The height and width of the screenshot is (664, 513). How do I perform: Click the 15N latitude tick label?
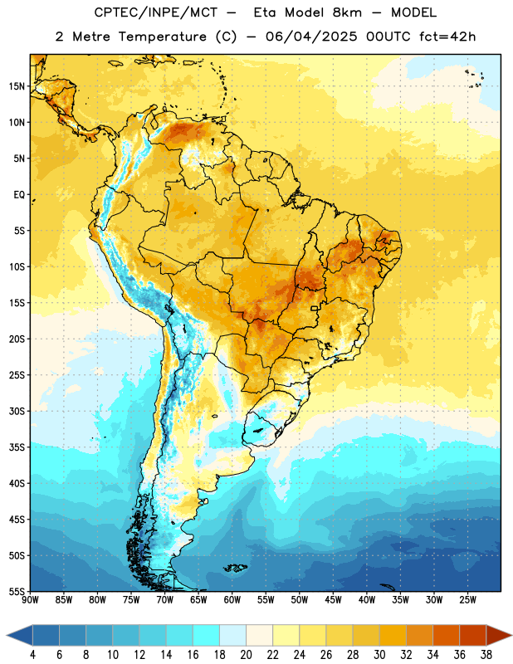click(17, 86)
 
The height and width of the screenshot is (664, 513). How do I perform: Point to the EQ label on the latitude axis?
click(19, 195)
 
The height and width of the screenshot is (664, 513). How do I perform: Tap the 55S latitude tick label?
click(17, 591)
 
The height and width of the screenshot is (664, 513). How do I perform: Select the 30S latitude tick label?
click(17, 411)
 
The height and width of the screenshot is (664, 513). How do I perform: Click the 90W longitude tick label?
click(30, 599)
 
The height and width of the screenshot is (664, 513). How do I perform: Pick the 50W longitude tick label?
click(300, 599)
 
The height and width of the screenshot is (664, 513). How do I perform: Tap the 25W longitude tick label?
click(467, 599)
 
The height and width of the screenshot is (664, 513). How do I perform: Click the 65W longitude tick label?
click(198, 599)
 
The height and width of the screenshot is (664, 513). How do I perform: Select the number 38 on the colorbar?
click(486, 655)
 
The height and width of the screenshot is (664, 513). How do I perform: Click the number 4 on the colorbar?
click(32, 655)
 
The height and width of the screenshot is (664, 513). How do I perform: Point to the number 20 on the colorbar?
click(246, 655)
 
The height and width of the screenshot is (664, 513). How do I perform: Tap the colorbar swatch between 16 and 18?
click(207, 635)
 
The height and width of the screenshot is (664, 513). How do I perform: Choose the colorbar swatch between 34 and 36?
click(446, 635)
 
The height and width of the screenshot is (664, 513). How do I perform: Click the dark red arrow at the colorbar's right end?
click(498, 635)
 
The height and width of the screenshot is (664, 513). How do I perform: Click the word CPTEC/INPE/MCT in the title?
click(155, 12)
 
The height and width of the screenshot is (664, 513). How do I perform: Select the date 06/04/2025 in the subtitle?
click(311, 37)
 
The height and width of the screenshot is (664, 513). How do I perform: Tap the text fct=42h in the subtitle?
click(447, 37)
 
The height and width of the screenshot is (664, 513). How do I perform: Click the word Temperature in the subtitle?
click(162, 37)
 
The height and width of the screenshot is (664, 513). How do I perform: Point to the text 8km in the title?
click(347, 12)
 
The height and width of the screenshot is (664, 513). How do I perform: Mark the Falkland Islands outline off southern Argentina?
click(236, 569)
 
